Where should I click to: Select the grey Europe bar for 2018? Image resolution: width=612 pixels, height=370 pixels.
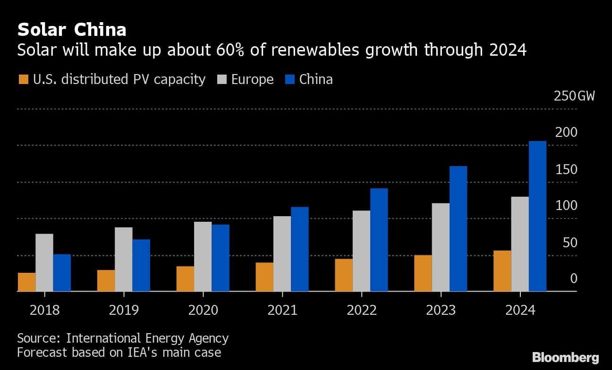pyautogui.click(x=44, y=262)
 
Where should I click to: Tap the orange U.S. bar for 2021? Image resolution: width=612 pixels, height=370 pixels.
pyautogui.click(x=264, y=277)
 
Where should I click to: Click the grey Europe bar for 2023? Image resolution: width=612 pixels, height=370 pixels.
pyautogui.click(x=441, y=247)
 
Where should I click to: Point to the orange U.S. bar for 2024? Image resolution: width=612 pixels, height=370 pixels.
pyautogui.click(x=502, y=271)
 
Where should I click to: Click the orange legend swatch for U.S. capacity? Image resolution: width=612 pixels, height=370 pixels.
pyautogui.click(x=23, y=79)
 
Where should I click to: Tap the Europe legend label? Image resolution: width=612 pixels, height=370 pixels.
pyautogui.click(x=252, y=79)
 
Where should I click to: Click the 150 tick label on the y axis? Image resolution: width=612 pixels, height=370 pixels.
pyautogui.click(x=566, y=169)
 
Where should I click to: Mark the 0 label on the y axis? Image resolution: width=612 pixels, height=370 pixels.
pyautogui.click(x=574, y=279)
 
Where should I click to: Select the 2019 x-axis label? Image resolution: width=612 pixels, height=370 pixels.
pyautogui.click(x=124, y=310)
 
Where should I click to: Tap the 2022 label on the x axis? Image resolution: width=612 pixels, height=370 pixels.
pyautogui.click(x=361, y=310)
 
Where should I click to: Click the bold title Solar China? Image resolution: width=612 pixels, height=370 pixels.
pyautogui.click(x=72, y=30)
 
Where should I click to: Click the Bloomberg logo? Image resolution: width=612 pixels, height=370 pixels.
pyautogui.click(x=565, y=357)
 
